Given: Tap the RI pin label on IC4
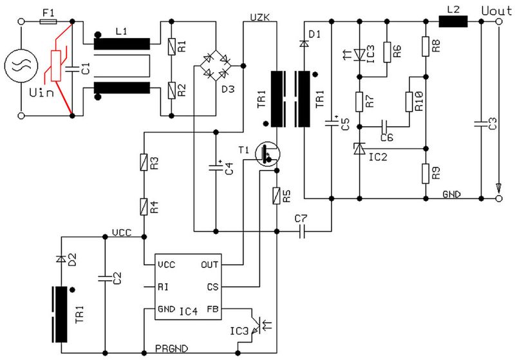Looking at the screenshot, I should [x=164, y=287].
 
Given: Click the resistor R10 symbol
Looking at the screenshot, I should [x=409, y=101].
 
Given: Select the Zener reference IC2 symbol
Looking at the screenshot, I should [x=359, y=149].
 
